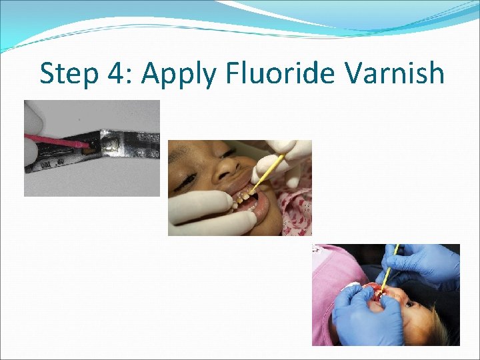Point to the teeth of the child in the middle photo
(x=243, y=197)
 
